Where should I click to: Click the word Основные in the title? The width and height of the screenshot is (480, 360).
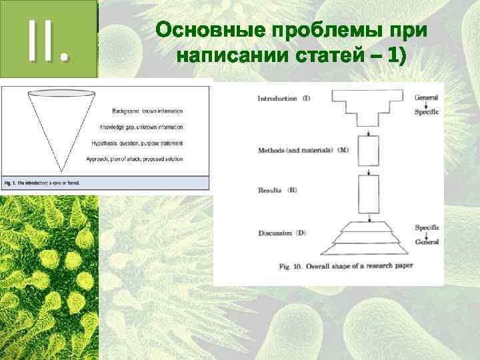pyautogui.click(x=208, y=31)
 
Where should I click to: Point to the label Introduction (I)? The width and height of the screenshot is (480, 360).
pyautogui.click(x=283, y=99)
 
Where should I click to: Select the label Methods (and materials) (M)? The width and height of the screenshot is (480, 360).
pyautogui.click(x=303, y=150)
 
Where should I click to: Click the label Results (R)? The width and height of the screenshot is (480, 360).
pyautogui.click(x=277, y=190)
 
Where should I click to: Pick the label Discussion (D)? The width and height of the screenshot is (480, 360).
pyautogui.click(x=282, y=233)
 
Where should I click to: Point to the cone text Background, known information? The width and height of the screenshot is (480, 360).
pyautogui.click(x=142, y=110)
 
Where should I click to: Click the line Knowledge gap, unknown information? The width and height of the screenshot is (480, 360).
pyautogui.click(x=141, y=127)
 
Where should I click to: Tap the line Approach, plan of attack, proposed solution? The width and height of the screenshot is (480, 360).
pyautogui.click(x=135, y=159)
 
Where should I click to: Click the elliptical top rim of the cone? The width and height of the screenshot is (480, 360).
pyautogui.click(x=61, y=92)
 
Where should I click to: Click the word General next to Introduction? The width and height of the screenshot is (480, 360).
pyautogui.click(x=426, y=97)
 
